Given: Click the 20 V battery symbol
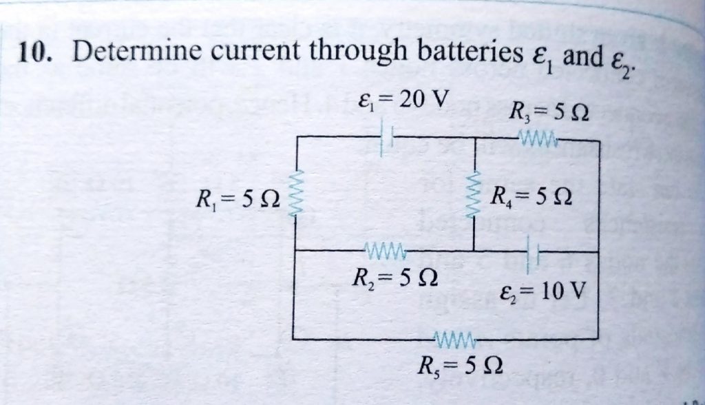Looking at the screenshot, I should click(387, 136).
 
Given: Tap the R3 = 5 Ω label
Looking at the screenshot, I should click(547, 110).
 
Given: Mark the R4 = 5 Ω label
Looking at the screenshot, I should click(529, 202).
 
